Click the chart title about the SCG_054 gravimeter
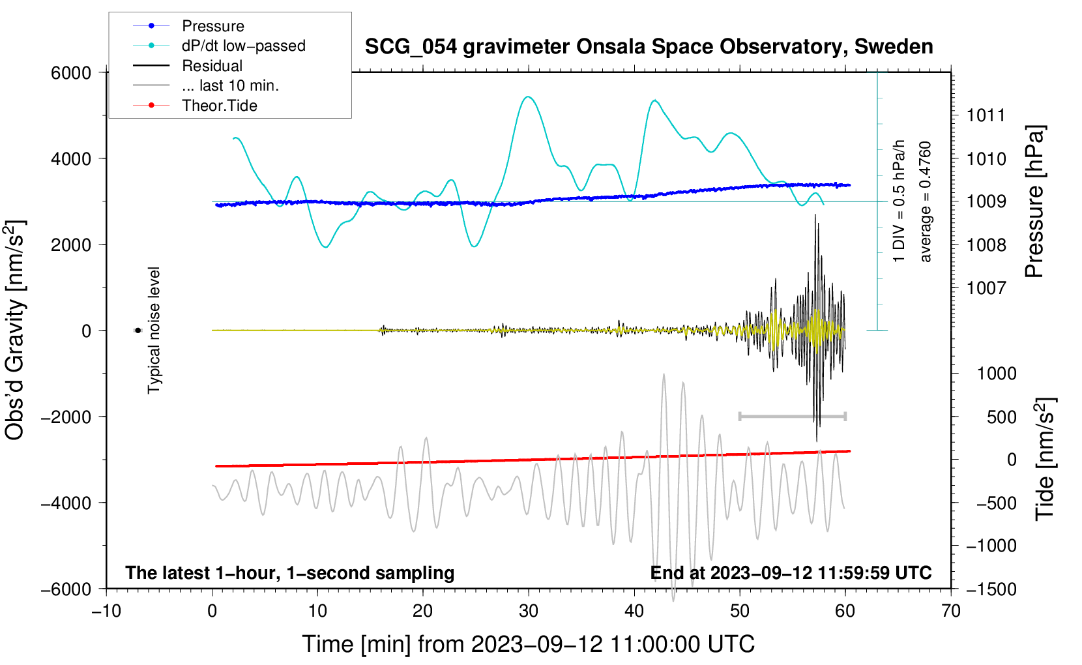(649, 47)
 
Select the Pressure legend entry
(212, 26)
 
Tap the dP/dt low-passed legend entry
(243, 46)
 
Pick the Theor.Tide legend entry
(219, 106)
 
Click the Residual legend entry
(212, 66)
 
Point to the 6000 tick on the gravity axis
(71, 73)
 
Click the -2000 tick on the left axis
(66, 417)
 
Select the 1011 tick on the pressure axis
(986, 116)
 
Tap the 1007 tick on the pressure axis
(986, 288)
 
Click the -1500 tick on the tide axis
(991, 589)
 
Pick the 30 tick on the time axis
(529, 612)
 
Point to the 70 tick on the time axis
(951, 612)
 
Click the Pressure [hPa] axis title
(1034, 201)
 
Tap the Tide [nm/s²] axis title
(1045, 459)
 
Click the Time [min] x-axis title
(528, 644)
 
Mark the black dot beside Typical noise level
(138, 331)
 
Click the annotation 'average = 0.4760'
(926, 201)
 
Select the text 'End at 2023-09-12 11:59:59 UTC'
(791, 573)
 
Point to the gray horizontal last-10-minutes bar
(792, 416)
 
